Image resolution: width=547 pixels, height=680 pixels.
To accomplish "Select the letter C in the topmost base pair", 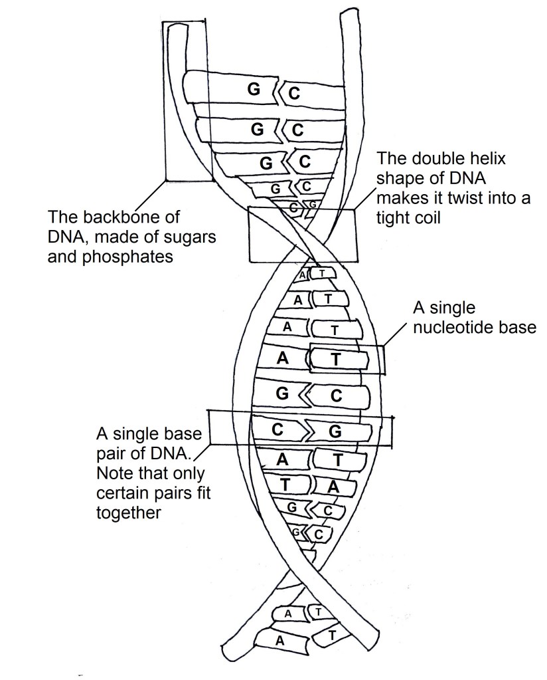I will pyautogui.click(x=293, y=94).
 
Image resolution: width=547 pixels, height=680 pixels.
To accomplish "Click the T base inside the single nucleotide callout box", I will pyautogui.click(x=335, y=360).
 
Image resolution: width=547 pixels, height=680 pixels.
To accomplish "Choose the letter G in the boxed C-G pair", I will pyautogui.click(x=335, y=431).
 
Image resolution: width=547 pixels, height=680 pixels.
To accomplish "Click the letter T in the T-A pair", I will pyautogui.click(x=285, y=485).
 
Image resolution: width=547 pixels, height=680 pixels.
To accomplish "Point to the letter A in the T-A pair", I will pyautogui.click(x=335, y=487).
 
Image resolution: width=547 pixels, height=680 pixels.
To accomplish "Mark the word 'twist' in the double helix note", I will pyautogui.click(x=453, y=199).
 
